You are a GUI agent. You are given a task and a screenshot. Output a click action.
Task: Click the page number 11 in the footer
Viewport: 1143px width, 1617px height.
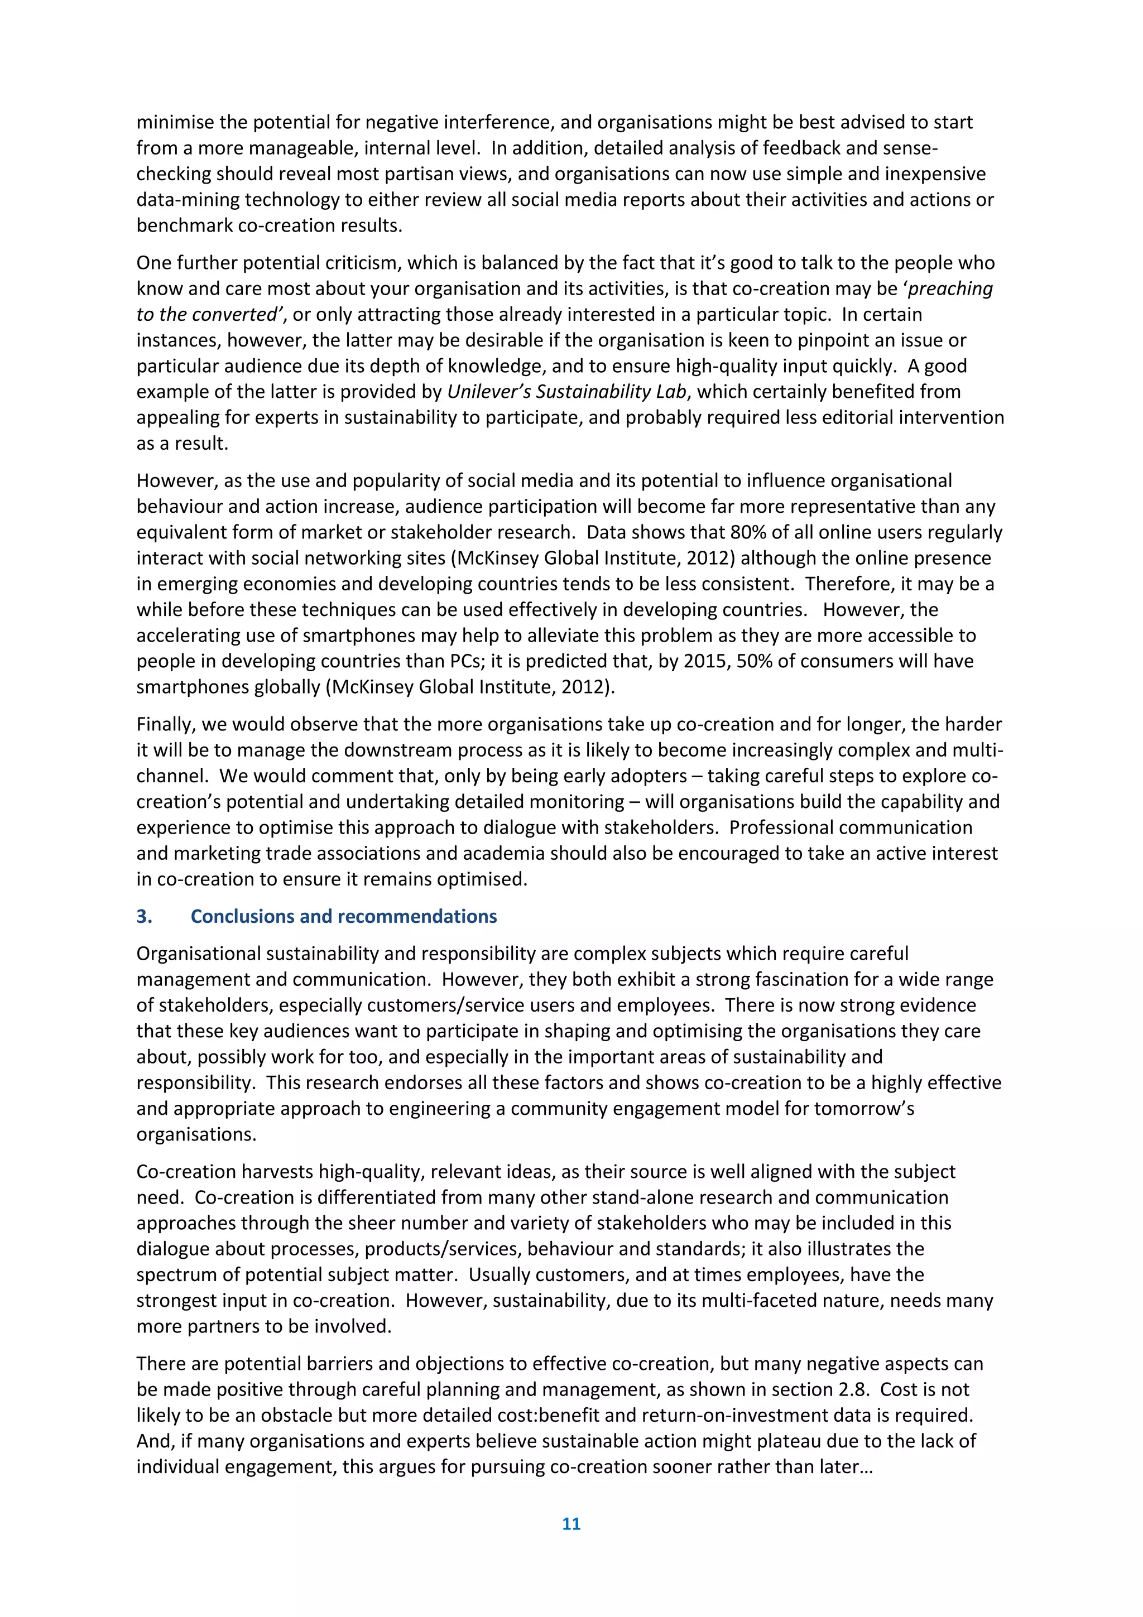click(x=571, y=1523)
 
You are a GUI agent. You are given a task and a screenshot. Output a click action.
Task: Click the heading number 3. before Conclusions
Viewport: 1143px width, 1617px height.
click(x=145, y=916)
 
